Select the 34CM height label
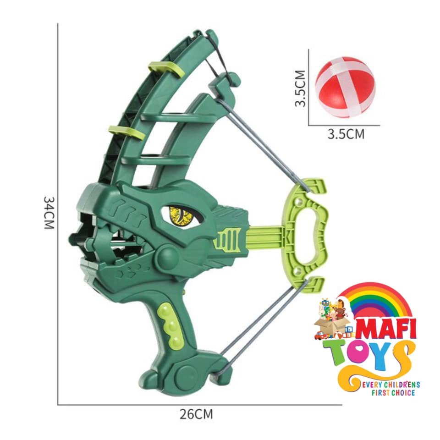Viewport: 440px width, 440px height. coord(49,212)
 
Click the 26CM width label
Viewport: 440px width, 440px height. coord(196,414)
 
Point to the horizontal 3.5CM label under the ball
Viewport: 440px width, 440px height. coord(346,134)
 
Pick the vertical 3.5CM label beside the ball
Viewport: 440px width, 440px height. coord(300,88)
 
